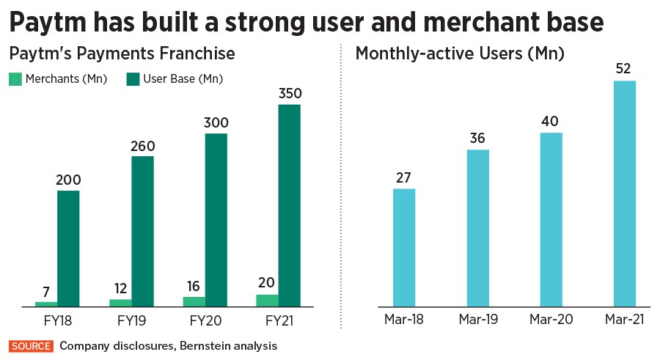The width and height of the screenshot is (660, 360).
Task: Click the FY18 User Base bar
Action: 68,248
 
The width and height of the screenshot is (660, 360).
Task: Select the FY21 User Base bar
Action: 290,205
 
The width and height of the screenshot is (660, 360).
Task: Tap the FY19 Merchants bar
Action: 121,302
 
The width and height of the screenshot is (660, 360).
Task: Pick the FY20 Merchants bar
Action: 194,301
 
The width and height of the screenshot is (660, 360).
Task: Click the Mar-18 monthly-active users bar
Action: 404,247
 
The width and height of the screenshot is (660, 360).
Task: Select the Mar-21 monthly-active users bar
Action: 624,193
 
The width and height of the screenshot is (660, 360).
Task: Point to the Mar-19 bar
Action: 477,227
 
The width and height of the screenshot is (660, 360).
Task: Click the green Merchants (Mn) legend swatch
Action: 15,78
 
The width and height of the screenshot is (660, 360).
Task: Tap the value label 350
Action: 290,95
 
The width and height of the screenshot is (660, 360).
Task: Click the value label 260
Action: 143,146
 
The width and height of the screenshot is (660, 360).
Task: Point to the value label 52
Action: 624,70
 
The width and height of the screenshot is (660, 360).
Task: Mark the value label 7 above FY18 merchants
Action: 46,291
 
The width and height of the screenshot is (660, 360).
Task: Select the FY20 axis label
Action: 205,320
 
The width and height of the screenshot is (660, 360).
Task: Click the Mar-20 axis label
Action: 551,320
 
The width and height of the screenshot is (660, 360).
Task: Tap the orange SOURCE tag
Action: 31,345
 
